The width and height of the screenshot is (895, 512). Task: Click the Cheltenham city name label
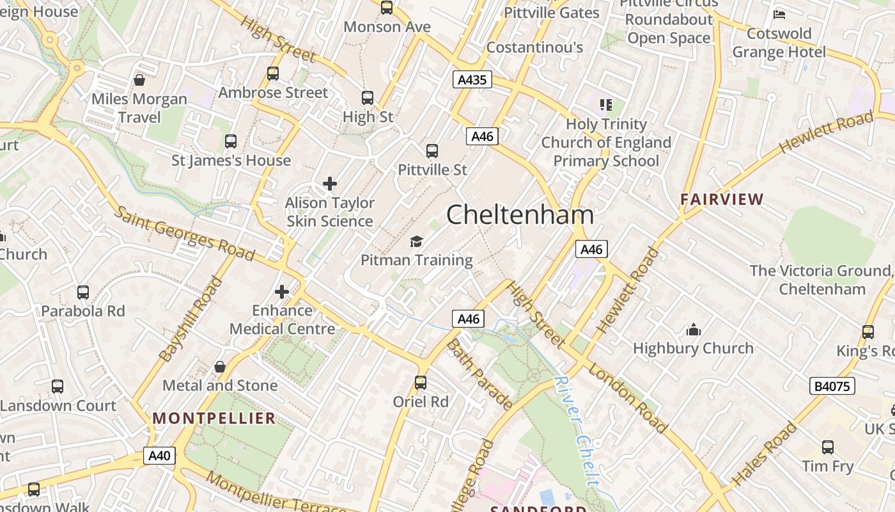click(x=520, y=214)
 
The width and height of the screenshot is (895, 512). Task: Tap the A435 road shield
click(x=472, y=80)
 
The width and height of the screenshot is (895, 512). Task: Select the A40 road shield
click(x=159, y=456)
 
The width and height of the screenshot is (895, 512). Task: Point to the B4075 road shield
click(x=832, y=386)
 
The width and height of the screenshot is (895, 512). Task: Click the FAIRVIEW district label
click(x=722, y=199)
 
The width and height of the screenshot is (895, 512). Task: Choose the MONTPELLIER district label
click(x=214, y=419)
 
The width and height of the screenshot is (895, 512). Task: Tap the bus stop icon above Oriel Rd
click(x=421, y=383)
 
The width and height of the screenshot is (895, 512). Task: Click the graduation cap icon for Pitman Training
click(x=417, y=241)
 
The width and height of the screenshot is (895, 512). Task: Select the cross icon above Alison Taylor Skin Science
click(x=330, y=184)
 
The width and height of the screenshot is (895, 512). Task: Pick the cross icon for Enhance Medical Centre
click(x=282, y=292)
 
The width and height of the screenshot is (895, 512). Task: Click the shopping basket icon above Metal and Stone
click(x=220, y=367)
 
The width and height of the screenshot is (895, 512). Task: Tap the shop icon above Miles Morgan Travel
click(x=139, y=80)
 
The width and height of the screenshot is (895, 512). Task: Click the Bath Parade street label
click(x=479, y=374)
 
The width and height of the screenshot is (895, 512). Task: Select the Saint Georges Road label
click(x=185, y=234)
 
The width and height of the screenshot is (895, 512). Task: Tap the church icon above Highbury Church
click(x=694, y=330)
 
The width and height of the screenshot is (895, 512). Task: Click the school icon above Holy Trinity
click(x=605, y=104)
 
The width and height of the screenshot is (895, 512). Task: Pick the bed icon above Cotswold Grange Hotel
click(x=779, y=14)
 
